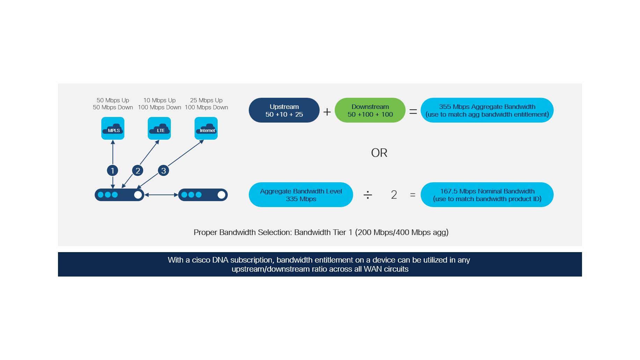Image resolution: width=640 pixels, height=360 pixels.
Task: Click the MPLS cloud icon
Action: point(113,128)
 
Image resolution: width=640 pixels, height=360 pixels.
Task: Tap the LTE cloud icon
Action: point(159,128)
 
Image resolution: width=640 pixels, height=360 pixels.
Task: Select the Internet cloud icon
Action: point(206,128)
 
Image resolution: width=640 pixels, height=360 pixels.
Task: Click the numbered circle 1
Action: point(112,170)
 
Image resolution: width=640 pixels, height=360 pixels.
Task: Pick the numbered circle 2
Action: point(138,170)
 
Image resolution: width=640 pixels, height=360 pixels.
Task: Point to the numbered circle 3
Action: point(163,170)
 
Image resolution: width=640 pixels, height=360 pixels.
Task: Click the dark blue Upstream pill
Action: point(284,110)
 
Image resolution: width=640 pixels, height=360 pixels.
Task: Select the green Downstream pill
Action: point(370,110)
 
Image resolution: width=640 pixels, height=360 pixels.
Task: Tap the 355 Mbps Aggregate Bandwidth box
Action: point(487,110)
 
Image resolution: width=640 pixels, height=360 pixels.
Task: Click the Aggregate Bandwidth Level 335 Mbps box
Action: point(301,195)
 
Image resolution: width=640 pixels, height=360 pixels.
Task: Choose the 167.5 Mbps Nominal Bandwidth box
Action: point(487,195)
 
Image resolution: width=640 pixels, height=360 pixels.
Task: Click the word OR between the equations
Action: point(379,153)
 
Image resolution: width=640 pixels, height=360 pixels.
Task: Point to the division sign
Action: point(368,195)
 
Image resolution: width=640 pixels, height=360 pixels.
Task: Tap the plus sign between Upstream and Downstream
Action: point(327,112)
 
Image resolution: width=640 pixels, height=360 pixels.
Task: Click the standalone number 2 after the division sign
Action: point(394,195)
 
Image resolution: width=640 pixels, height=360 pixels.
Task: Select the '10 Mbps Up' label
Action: point(160,100)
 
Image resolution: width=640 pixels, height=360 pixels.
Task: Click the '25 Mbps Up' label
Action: point(206,100)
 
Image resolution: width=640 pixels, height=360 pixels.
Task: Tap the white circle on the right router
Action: point(221,195)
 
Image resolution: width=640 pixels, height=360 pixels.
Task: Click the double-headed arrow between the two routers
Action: point(161,195)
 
